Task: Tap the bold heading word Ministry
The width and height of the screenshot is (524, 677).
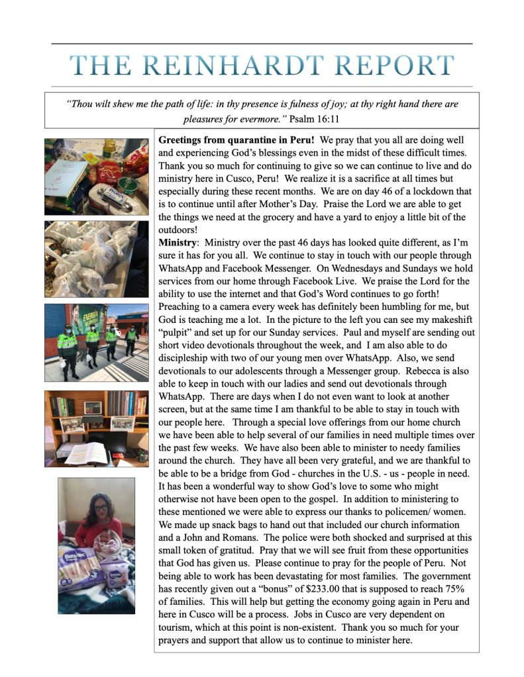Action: tap(177, 243)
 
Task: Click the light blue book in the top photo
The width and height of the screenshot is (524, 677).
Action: tap(65, 175)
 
